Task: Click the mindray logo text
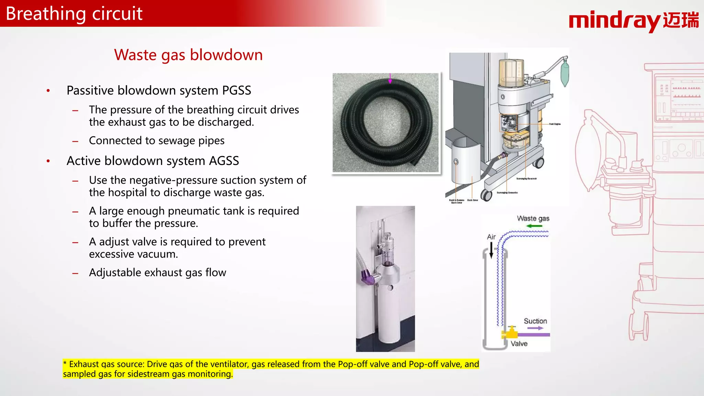pyautogui.click(x=615, y=21)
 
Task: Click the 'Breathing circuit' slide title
pyautogui.click(x=74, y=14)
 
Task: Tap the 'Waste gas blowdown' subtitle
pyautogui.click(x=188, y=55)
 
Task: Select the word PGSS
pyautogui.click(x=236, y=90)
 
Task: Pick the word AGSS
pyautogui.click(x=224, y=161)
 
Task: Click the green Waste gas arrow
pyautogui.click(x=534, y=226)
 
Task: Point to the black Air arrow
pyautogui.click(x=491, y=250)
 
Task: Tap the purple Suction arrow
pyautogui.click(x=535, y=328)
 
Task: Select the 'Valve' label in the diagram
pyautogui.click(x=519, y=343)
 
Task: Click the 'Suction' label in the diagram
pyautogui.click(x=535, y=321)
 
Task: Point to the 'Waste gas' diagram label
pyautogui.click(x=533, y=218)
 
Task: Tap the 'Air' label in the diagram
pyautogui.click(x=491, y=236)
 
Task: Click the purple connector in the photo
pyautogui.click(x=367, y=276)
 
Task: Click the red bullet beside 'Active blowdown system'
pyautogui.click(x=48, y=161)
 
